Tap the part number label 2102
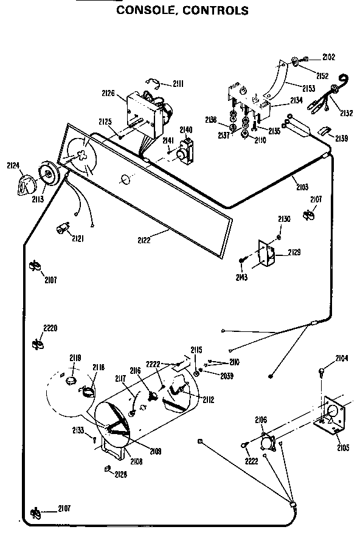point(328,58)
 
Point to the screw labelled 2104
point(322,370)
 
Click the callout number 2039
point(227,376)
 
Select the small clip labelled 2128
point(107,468)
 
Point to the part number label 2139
point(340,139)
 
